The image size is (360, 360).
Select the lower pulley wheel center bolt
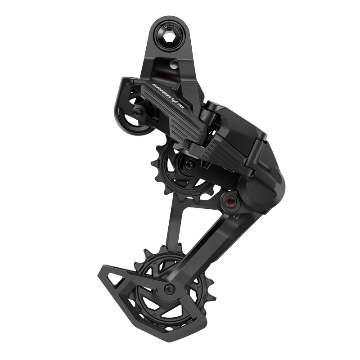169,289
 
